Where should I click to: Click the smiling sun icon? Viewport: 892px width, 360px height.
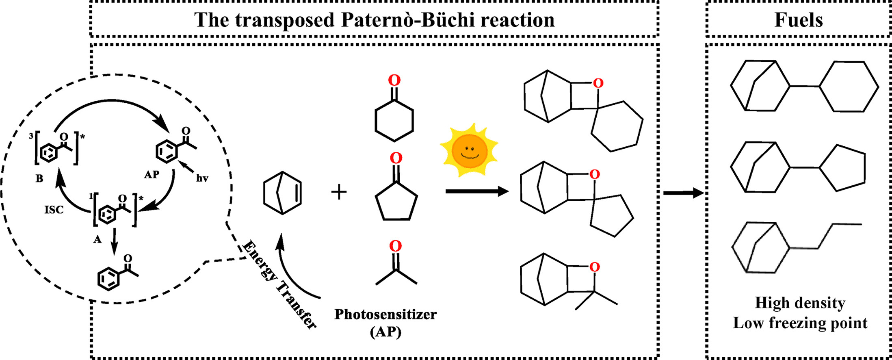[470, 150]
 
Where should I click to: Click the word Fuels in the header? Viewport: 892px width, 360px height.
[798, 20]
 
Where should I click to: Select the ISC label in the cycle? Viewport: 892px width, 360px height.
[54, 210]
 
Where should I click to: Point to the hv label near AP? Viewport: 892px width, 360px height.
[202, 178]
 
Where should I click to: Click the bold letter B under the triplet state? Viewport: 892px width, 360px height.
[39, 178]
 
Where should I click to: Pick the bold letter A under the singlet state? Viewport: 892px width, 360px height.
[97, 240]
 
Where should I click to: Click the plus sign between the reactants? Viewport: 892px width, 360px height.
[339, 192]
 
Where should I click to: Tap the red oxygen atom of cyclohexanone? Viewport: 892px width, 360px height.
[394, 80]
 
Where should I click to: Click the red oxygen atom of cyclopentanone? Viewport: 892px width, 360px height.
[396, 158]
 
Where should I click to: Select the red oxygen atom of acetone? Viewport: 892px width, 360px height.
[396, 246]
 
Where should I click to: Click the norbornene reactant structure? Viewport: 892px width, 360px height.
[282, 193]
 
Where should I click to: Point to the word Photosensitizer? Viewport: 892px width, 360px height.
[385, 314]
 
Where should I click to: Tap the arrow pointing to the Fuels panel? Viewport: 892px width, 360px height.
[683, 193]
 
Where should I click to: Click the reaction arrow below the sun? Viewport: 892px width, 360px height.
[477, 191]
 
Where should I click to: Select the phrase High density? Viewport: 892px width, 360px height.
[800, 303]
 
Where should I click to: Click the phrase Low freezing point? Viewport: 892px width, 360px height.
[800, 323]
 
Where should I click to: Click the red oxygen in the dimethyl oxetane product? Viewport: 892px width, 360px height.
[594, 267]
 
